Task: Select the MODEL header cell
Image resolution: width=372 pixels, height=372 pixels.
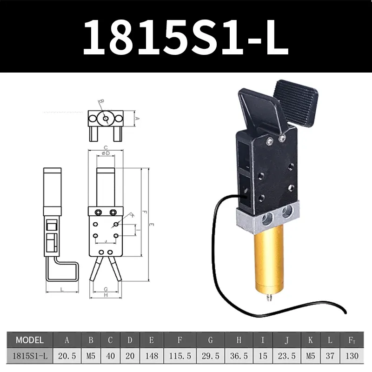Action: click(29, 340)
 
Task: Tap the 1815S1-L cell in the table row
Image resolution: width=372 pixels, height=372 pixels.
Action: click(29, 356)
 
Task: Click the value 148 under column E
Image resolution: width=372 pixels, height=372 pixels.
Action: click(151, 356)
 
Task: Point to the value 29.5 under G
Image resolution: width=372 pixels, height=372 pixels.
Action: click(210, 356)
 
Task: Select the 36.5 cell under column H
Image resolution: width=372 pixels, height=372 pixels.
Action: click(239, 356)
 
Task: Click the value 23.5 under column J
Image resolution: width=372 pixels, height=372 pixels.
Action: click(287, 356)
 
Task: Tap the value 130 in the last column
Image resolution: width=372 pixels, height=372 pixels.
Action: click(352, 356)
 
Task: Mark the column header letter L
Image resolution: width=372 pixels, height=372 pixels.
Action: click(330, 340)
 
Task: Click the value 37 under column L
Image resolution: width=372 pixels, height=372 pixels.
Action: click(330, 356)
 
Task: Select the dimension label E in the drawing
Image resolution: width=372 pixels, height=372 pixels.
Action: click(152, 225)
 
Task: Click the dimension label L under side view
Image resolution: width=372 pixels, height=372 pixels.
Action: click(62, 289)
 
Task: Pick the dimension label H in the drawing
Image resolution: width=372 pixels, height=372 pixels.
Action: click(106, 295)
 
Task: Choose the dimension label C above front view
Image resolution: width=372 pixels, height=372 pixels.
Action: click(106, 147)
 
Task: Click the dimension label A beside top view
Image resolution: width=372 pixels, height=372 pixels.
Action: click(137, 118)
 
